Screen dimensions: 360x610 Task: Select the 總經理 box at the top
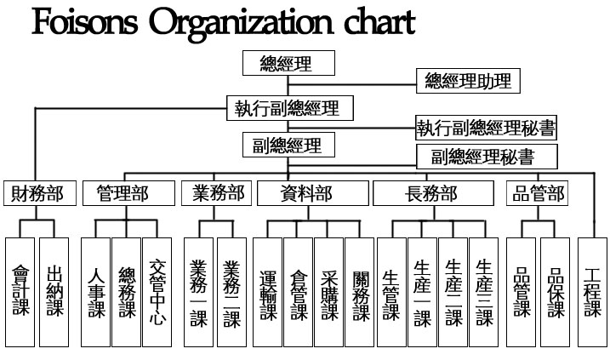288,64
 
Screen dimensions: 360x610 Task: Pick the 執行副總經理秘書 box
486,129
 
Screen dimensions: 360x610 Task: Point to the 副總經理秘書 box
487,157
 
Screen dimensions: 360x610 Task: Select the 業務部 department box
217,194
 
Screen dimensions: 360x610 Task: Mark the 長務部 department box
432,194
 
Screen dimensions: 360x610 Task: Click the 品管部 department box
538,194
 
